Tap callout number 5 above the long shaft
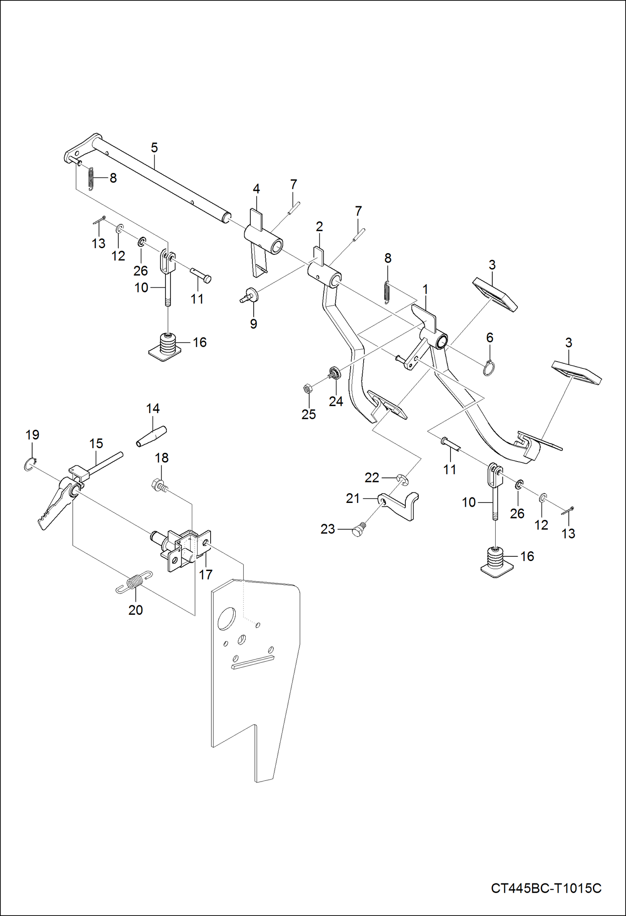154,147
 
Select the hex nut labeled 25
306,389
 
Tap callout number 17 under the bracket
205,575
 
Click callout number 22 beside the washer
372,477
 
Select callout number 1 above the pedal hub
425,289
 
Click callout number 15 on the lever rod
96,444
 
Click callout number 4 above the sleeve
256,189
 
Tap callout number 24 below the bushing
336,401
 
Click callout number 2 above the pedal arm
319,227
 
